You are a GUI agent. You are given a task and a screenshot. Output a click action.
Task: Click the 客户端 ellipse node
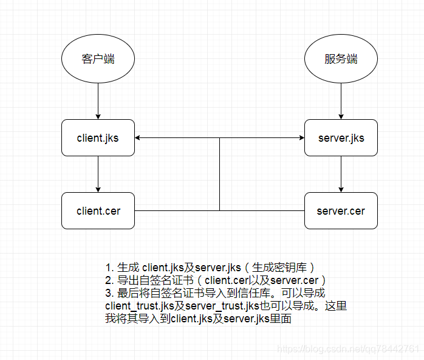pos(98,59)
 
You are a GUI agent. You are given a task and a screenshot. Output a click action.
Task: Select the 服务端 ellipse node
pos(341,59)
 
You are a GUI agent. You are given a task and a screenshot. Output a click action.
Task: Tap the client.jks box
pos(98,137)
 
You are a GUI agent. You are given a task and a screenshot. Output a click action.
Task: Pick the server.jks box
pos(341,137)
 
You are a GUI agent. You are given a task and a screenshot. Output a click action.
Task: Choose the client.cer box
pos(98,211)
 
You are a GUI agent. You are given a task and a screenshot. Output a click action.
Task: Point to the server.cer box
pos(341,211)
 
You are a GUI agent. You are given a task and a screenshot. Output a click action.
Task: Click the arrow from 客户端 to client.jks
pos(98,101)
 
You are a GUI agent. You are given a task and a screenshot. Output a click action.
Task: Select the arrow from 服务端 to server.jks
pos(341,101)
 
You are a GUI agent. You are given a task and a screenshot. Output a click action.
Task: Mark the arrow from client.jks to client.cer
pos(98,174)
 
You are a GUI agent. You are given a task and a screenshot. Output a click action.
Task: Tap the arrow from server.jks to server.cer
pos(341,174)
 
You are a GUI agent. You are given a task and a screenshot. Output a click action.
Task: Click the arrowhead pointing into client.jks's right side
pos(138,138)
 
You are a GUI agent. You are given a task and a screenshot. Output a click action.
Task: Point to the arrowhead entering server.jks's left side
pos(301,138)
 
